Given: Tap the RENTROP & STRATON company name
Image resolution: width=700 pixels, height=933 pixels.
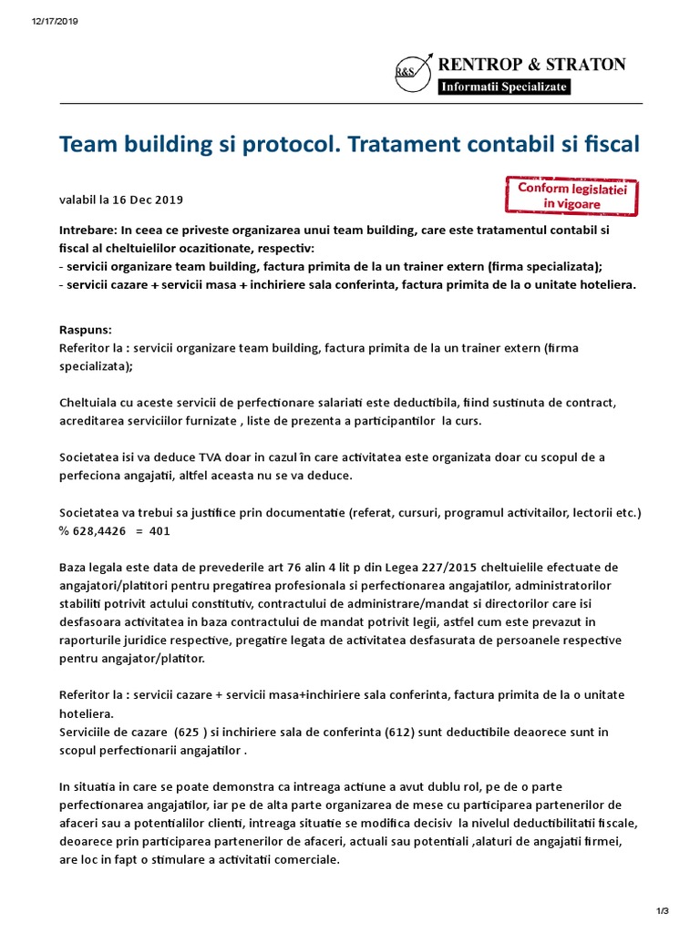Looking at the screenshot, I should tap(532, 64).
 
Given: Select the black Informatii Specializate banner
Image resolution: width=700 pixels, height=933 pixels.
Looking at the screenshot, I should tap(504, 87).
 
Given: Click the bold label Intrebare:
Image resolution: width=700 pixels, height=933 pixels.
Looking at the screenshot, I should tap(87, 231).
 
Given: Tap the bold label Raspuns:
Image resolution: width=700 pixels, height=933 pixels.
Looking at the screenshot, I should tap(85, 331).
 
